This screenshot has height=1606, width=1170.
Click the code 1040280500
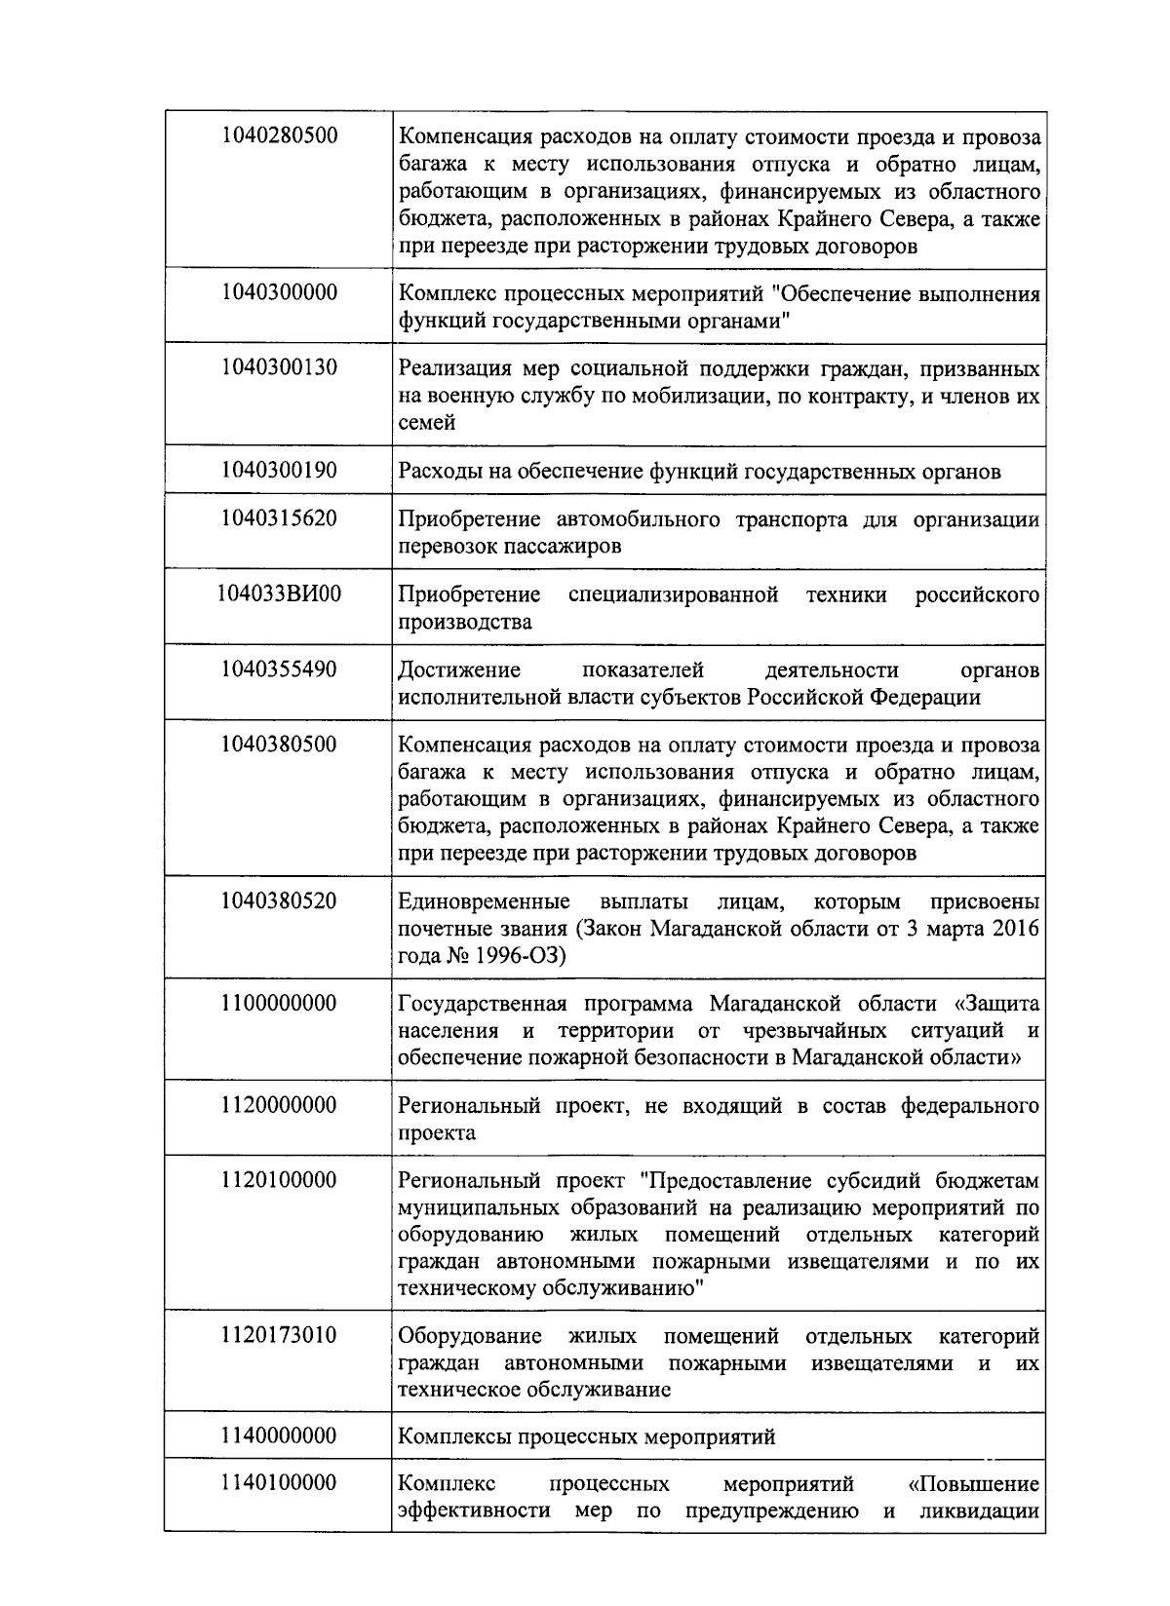(x=279, y=135)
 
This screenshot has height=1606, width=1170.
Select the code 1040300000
(x=279, y=292)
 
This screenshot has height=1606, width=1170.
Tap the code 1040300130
(x=279, y=367)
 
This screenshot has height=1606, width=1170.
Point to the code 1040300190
(x=279, y=471)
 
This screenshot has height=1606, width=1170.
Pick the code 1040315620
(x=279, y=517)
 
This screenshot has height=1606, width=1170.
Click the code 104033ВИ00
(x=279, y=593)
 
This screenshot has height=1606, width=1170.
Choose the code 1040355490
(x=279, y=669)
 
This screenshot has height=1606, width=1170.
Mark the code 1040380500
(x=279, y=745)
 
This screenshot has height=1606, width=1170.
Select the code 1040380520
(x=279, y=900)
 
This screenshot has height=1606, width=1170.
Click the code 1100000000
(x=279, y=1003)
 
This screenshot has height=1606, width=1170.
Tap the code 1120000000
(x=279, y=1105)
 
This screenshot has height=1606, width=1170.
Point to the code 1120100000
(x=279, y=1180)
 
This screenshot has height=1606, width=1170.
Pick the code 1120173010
(x=279, y=1335)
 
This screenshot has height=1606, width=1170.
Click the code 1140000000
(x=279, y=1436)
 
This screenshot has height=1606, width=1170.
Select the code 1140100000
(x=279, y=1483)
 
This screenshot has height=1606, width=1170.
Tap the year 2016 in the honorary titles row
(x=1016, y=929)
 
